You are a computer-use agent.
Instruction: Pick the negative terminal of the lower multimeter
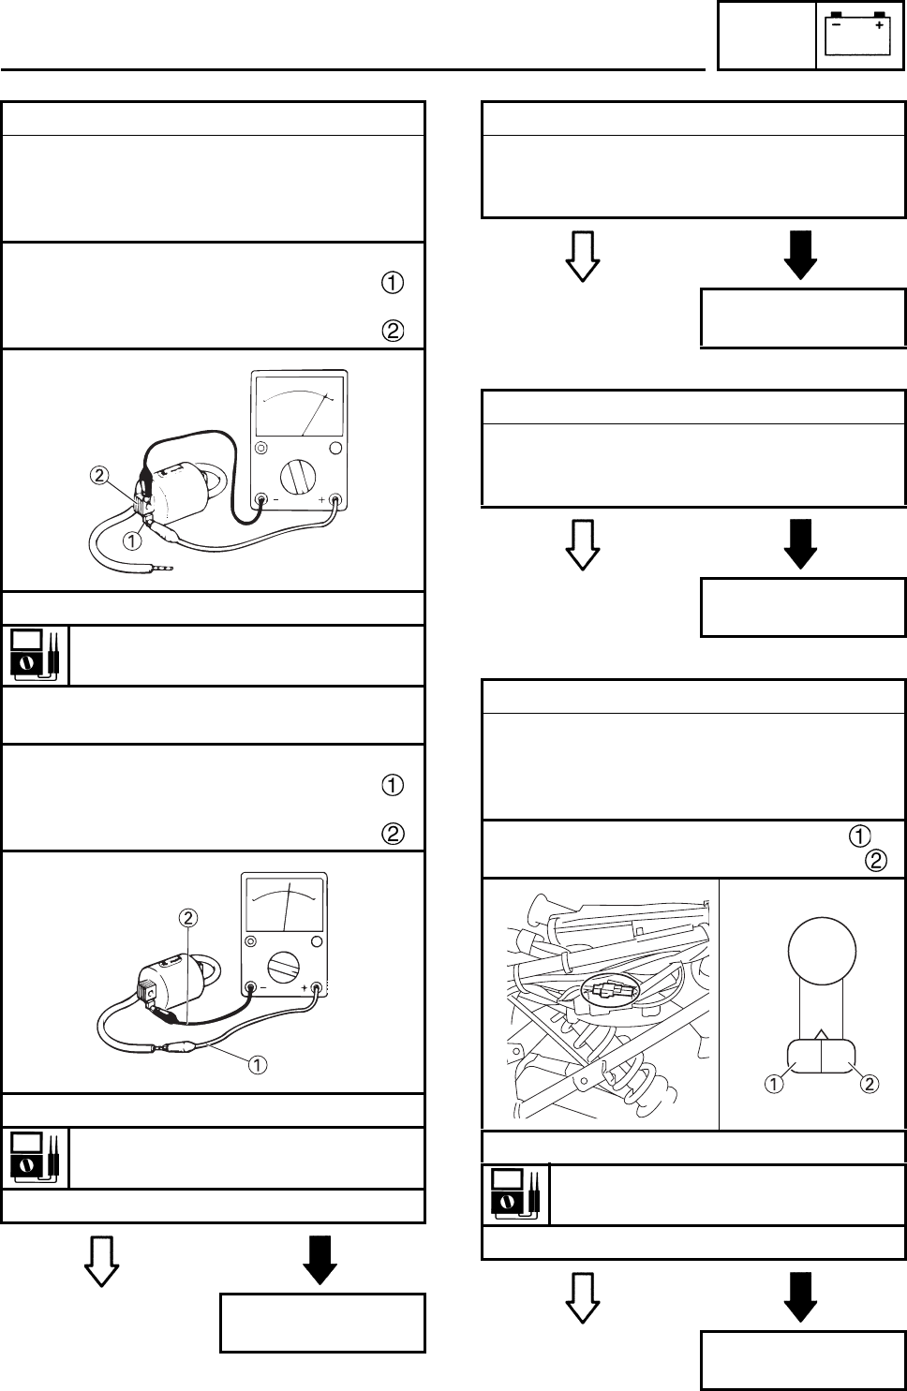(250, 987)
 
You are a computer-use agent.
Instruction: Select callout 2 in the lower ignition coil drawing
(187, 916)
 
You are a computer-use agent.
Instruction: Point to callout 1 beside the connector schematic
(774, 1084)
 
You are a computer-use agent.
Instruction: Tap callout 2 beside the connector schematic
(869, 1084)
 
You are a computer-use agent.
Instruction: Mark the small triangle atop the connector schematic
(821, 1032)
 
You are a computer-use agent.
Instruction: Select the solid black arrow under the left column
(320, 1261)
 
